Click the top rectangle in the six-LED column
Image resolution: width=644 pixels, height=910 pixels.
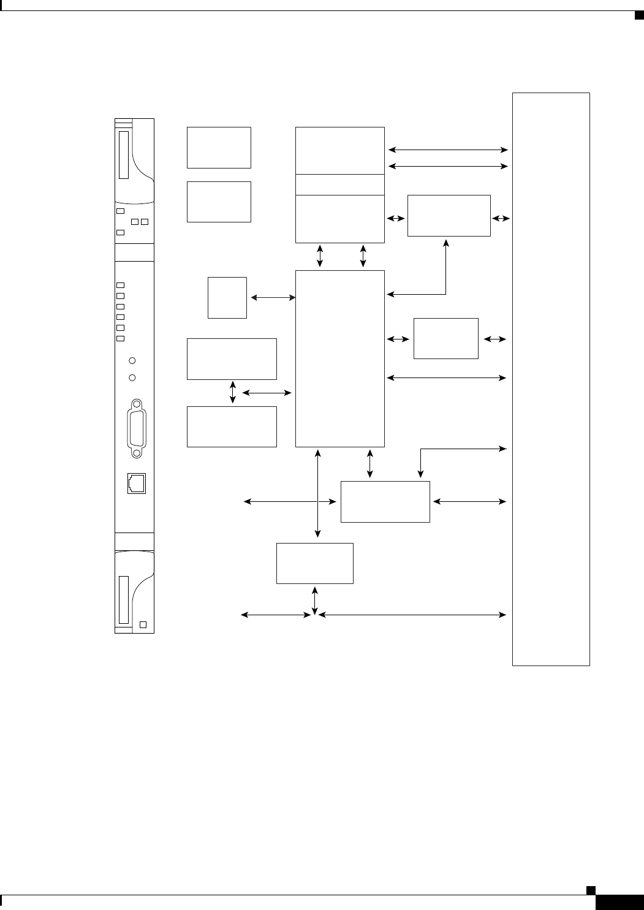click(121, 285)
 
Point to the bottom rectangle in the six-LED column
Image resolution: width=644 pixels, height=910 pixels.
click(121, 338)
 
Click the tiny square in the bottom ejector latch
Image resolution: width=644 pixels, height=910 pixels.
click(143, 624)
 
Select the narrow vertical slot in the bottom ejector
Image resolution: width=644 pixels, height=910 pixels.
click(124, 599)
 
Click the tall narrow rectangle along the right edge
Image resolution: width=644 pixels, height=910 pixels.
click(551, 379)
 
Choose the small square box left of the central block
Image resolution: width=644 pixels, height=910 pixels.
click(227, 298)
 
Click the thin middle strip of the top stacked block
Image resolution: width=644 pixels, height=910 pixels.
click(340, 184)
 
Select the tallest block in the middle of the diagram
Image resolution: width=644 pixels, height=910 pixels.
click(340, 358)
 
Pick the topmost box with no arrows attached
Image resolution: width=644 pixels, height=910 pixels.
click(219, 148)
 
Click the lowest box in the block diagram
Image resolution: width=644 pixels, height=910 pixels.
click(315, 563)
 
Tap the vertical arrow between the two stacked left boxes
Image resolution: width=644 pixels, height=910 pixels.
click(232, 393)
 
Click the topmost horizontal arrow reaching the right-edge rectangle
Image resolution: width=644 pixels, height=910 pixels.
click(449, 150)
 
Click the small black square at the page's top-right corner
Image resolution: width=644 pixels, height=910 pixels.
click(638, 15)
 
